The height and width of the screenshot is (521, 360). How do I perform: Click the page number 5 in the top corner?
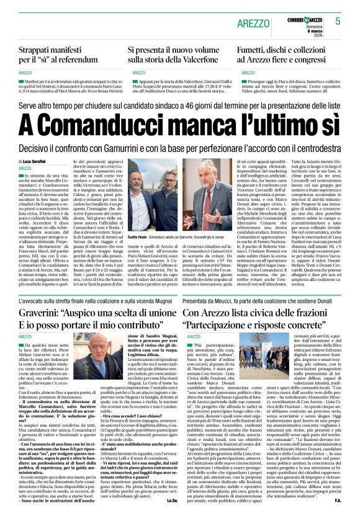pos(338,20)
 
